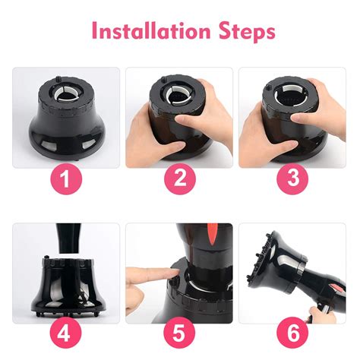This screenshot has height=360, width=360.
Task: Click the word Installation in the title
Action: [151, 30]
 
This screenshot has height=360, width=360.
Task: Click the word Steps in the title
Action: [247, 32]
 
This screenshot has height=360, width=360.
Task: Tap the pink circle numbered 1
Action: [66, 179]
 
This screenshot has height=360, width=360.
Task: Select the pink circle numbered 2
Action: [180, 178]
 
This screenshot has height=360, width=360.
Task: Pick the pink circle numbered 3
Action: [292, 178]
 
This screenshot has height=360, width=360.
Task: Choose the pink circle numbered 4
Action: [65, 333]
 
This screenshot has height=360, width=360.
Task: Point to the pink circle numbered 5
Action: [179, 333]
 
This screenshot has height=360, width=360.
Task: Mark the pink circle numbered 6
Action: [292, 333]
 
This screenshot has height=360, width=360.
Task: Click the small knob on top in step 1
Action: [58, 78]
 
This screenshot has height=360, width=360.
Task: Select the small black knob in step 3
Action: [267, 87]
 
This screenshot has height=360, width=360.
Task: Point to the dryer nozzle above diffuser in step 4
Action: [68, 238]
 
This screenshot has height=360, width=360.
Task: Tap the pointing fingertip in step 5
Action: [175, 273]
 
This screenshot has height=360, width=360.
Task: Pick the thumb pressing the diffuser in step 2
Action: [187, 118]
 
